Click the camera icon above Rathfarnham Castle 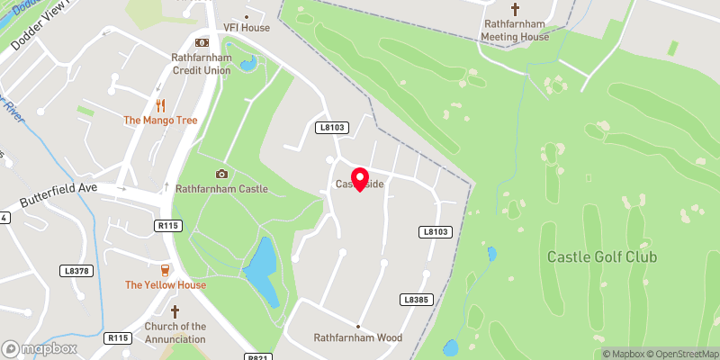pos(221,174)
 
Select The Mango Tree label pos(161,120)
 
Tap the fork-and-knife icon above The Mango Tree pos(160,104)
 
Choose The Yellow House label pos(166,285)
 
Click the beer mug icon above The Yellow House pos(165,270)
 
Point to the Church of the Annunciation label pos(175,332)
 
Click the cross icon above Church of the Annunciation pos(175,310)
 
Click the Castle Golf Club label pos(602,257)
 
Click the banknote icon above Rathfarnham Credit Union pos(202,42)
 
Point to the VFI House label pos(247,28)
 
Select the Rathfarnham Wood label pos(357,338)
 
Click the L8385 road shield pos(414,299)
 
